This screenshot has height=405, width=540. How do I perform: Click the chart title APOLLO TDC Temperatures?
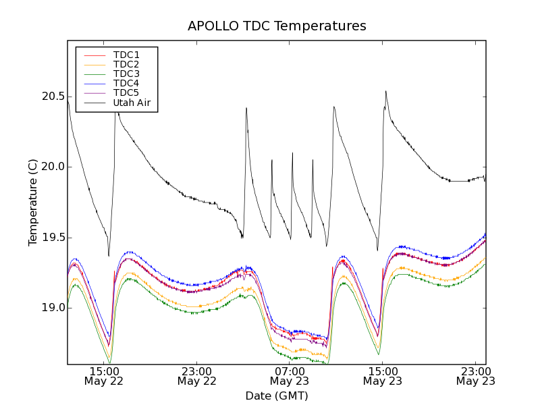point(277,26)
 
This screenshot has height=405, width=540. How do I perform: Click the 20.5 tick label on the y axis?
point(53,97)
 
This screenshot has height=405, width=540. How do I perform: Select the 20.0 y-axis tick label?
point(53,167)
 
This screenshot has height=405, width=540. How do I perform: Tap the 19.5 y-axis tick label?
point(53,238)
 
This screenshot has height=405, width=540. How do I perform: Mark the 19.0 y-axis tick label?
point(53,308)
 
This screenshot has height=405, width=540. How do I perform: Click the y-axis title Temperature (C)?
point(33,202)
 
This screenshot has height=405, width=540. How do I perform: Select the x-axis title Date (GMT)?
point(277,396)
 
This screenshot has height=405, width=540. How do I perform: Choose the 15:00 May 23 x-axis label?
point(383,376)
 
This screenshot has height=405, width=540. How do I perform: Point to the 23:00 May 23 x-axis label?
point(475,376)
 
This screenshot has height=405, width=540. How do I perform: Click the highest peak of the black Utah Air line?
point(385,91)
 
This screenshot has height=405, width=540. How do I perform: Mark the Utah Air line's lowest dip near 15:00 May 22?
point(109,256)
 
